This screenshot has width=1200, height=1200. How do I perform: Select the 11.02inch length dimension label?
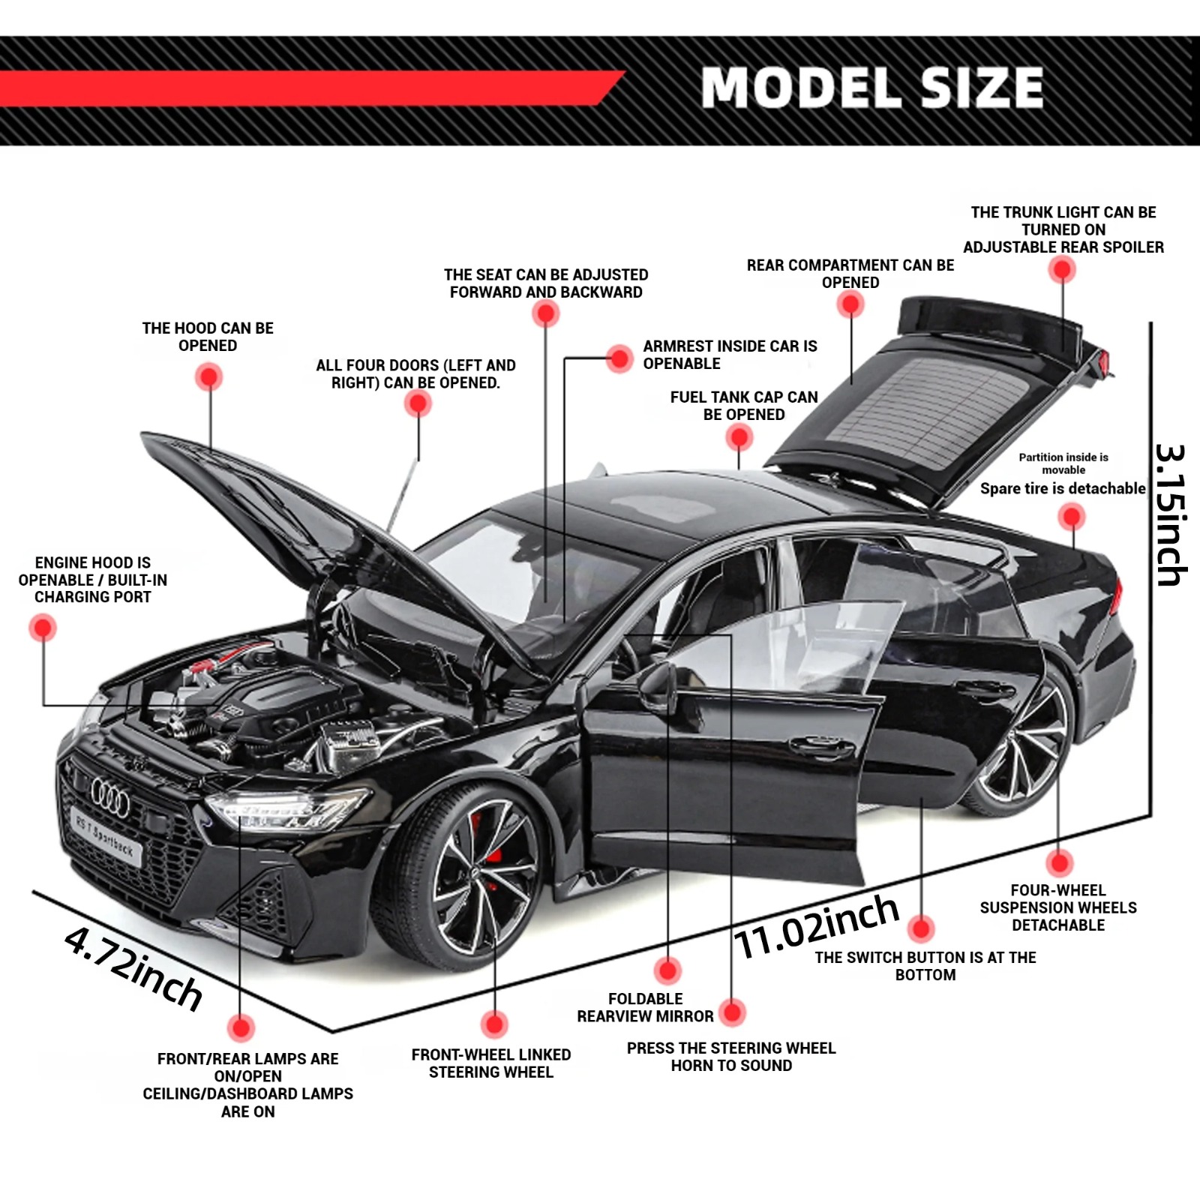click(817, 928)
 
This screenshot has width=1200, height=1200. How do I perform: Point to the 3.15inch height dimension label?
click(1170, 515)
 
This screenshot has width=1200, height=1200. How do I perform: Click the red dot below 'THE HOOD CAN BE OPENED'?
click(209, 376)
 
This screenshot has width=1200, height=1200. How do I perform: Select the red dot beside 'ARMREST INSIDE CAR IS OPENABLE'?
click(619, 358)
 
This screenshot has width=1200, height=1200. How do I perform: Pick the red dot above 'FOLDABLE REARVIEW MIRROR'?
click(667, 970)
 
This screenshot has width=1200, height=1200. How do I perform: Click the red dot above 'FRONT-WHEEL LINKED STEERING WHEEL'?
click(494, 1024)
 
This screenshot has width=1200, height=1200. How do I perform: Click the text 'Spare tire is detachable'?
click(1063, 489)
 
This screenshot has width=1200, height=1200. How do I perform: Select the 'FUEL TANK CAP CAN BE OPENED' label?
click(744, 406)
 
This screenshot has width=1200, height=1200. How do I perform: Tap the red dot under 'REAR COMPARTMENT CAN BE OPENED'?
click(850, 304)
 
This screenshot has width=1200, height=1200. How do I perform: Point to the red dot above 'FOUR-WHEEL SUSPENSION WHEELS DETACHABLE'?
click(1059, 863)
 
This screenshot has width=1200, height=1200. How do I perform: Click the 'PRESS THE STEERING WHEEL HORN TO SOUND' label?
click(731, 1057)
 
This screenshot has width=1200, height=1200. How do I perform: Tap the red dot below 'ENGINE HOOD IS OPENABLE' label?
click(43, 628)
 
